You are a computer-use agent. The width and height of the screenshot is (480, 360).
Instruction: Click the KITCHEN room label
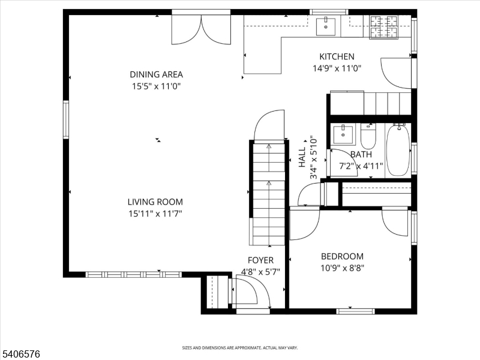[337, 56]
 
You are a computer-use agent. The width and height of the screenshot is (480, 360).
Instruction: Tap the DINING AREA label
[156, 74]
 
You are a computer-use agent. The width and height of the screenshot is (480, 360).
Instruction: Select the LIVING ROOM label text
[155, 202]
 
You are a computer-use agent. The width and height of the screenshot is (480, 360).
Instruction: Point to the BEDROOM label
[342, 256]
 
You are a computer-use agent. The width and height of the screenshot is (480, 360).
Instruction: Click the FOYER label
[260, 260]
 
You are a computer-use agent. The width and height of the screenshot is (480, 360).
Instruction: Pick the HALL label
[302, 157]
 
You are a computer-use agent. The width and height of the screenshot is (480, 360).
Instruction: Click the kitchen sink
[326, 26]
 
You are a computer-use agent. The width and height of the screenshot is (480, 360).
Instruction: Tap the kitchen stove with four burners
[384, 27]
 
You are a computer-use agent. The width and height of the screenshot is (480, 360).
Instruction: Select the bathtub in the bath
[398, 149]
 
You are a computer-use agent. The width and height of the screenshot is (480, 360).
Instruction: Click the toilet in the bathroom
[368, 136]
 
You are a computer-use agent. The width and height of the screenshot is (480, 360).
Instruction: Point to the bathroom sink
[343, 134]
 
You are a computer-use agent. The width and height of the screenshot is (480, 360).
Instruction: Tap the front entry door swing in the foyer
[251, 291]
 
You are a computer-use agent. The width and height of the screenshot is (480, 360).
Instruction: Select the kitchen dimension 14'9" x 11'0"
[337, 68]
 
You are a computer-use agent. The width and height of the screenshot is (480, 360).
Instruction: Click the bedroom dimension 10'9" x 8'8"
[342, 268]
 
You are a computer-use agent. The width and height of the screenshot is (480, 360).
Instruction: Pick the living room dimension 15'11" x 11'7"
[155, 214]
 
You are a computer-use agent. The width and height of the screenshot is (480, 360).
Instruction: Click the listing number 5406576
[20, 354]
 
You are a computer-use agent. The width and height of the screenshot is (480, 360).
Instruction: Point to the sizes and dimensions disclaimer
[239, 348]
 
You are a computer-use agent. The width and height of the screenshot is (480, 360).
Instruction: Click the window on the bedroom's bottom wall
[355, 311]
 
